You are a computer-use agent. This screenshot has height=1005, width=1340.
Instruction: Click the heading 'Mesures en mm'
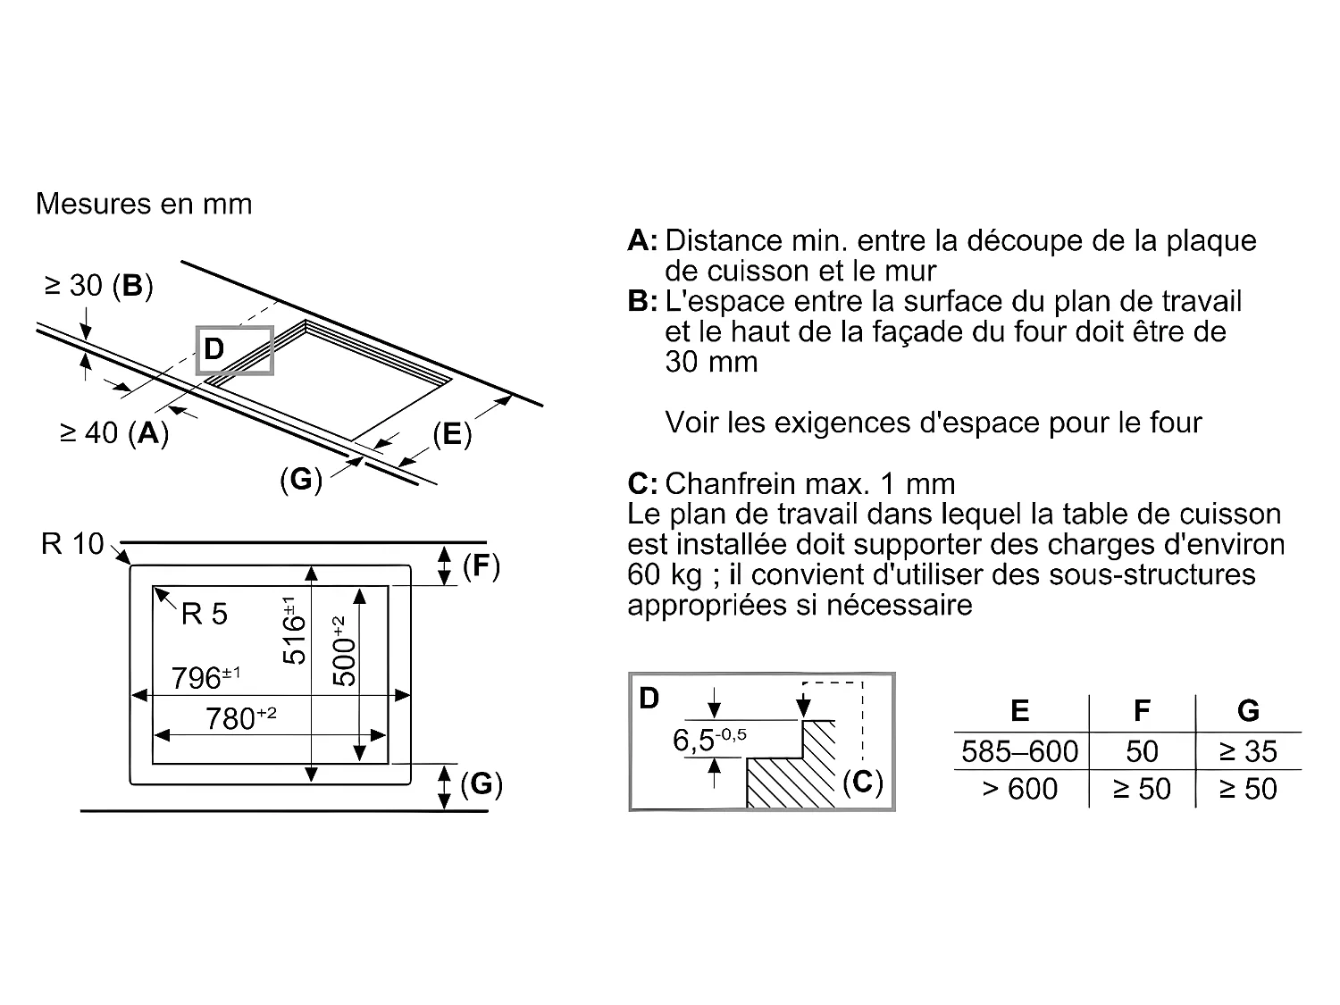click(x=144, y=204)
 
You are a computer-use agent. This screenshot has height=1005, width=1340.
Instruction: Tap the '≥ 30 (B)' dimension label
click(x=98, y=286)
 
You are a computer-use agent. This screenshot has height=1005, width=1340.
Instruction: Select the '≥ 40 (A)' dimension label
click(x=114, y=433)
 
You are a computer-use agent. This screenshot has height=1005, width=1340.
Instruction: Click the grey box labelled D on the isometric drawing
click(x=234, y=350)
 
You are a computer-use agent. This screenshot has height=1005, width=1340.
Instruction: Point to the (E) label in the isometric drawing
click(x=451, y=434)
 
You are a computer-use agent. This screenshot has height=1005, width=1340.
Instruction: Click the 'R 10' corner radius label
click(x=72, y=543)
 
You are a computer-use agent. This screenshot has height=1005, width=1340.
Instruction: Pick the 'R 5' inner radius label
click(x=204, y=614)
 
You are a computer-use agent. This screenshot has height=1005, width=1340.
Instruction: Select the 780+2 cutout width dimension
click(x=240, y=717)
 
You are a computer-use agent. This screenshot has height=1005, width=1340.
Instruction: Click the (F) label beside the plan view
click(x=481, y=566)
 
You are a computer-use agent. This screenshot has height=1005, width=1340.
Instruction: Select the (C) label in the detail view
click(x=862, y=782)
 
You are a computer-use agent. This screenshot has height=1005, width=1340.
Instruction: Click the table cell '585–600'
click(x=1019, y=751)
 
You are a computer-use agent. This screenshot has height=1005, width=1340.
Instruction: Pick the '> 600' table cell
click(x=1019, y=789)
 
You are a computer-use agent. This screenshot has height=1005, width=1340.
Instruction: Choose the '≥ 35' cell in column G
click(x=1248, y=751)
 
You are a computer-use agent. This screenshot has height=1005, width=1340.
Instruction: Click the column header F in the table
click(x=1142, y=711)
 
